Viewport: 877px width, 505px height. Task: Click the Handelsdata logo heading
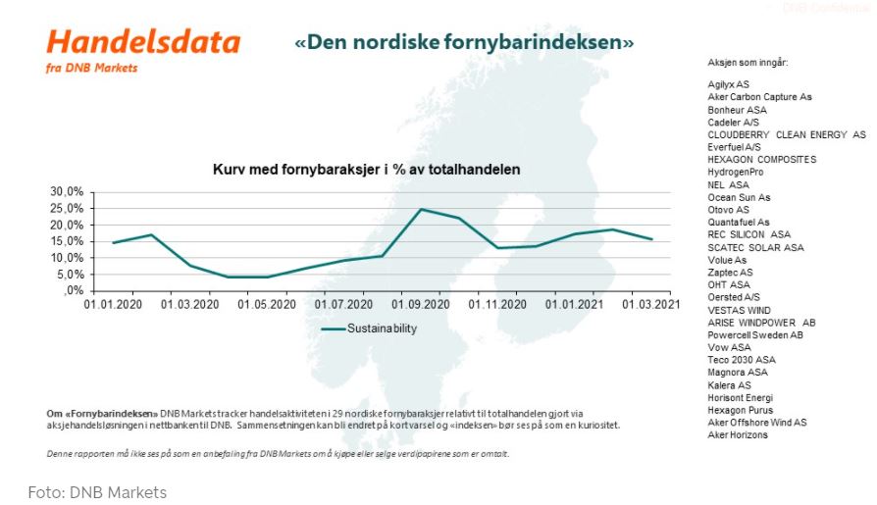point(143,42)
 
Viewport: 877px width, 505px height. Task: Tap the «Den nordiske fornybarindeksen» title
point(464,43)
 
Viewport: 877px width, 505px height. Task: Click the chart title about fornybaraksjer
point(366,170)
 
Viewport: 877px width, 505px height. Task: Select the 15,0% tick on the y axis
point(68,241)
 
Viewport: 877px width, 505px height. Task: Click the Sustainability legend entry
point(369,329)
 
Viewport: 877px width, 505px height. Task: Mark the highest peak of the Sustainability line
point(421,209)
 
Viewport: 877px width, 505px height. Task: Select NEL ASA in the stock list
point(728,184)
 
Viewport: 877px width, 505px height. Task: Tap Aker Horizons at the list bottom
point(738,435)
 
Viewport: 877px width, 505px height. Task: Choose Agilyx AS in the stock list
point(728,84)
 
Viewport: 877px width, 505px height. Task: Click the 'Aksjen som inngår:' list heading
point(748,63)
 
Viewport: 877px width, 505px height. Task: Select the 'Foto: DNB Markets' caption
point(97,492)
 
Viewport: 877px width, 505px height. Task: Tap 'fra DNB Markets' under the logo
point(91,68)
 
